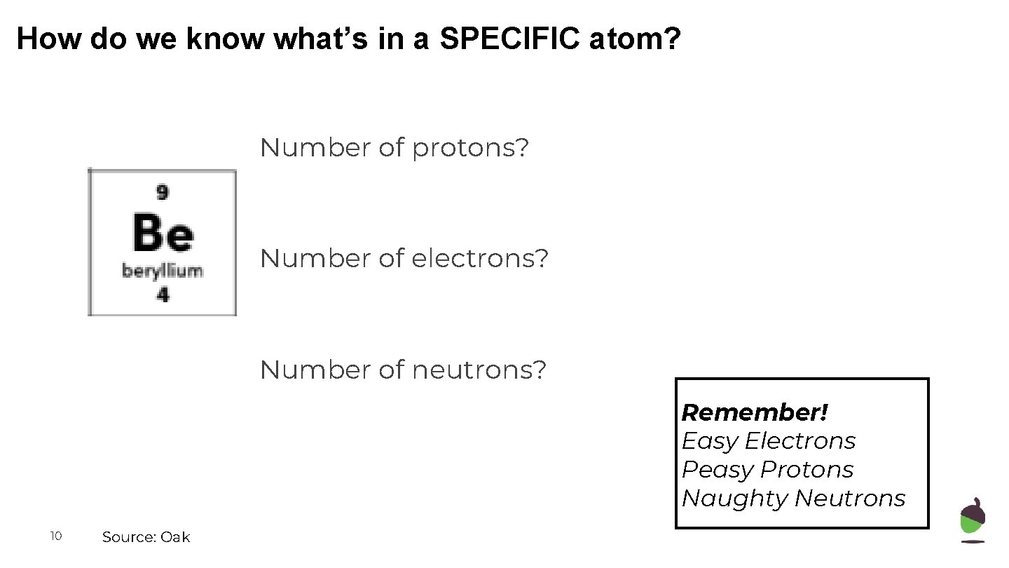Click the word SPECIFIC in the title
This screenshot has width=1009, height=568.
[x=511, y=39]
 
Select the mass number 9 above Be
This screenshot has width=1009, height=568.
[x=163, y=191]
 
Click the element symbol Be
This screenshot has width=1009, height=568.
[x=163, y=234]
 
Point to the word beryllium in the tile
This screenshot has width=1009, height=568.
[x=163, y=271]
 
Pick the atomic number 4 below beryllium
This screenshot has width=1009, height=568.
[x=163, y=295]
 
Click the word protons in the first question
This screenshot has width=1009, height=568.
[x=470, y=149]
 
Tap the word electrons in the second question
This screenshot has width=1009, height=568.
[x=480, y=259]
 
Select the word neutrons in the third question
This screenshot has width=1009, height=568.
[x=479, y=370]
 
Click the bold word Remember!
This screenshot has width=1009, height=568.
[x=755, y=412]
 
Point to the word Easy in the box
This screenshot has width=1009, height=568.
[x=709, y=441]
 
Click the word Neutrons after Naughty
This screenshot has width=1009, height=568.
[x=850, y=499]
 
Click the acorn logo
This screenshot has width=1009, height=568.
[x=973, y=520]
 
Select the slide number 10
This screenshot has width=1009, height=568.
[x=56, y=536]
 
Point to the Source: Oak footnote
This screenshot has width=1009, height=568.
[x=146, y=537]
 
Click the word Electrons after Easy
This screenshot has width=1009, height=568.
[x=799, y=441]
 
